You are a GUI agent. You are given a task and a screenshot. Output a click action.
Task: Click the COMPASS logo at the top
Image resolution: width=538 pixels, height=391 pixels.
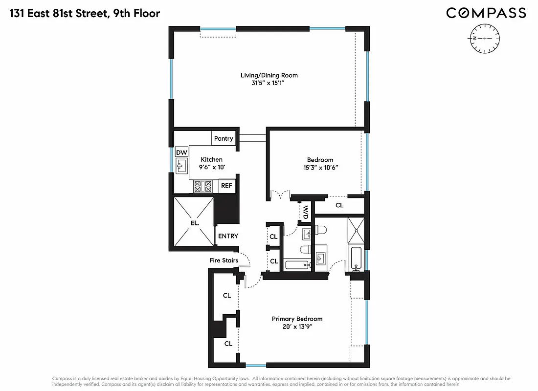[x=486, y=13]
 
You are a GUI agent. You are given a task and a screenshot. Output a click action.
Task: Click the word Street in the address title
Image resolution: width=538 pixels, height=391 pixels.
[x=90, y=13]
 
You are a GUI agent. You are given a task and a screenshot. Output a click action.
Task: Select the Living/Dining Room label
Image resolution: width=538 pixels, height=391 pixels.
[x=269, y=75]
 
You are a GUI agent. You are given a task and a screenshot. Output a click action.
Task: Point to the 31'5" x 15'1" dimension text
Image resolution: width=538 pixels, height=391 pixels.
[x=269, y=84]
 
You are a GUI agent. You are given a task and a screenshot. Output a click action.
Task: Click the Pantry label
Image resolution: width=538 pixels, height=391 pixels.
[x=224, y=139]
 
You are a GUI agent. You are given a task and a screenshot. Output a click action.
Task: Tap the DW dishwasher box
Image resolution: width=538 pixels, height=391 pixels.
[x=181, y=152]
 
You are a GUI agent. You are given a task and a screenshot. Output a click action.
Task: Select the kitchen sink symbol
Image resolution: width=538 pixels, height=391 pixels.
[x=181, y=166]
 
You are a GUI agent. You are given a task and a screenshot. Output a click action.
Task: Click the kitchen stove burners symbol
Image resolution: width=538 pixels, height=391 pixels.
[x=202, y=186]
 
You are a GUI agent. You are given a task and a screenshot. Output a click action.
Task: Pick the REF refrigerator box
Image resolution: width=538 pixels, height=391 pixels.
[x=226, y=186]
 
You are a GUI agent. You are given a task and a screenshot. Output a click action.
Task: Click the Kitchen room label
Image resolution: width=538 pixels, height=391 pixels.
[x=212, y=159]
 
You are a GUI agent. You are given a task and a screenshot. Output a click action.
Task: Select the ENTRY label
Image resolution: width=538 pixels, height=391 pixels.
[x=228, y=236]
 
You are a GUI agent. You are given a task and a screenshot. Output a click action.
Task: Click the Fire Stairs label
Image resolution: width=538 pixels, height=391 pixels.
[x=224, y=261]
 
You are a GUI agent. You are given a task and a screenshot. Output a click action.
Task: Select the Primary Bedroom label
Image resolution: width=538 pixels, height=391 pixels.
[x=297, y=319]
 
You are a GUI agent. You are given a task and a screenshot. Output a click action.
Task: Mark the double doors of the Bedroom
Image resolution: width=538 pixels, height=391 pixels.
[x=280, y=195]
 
